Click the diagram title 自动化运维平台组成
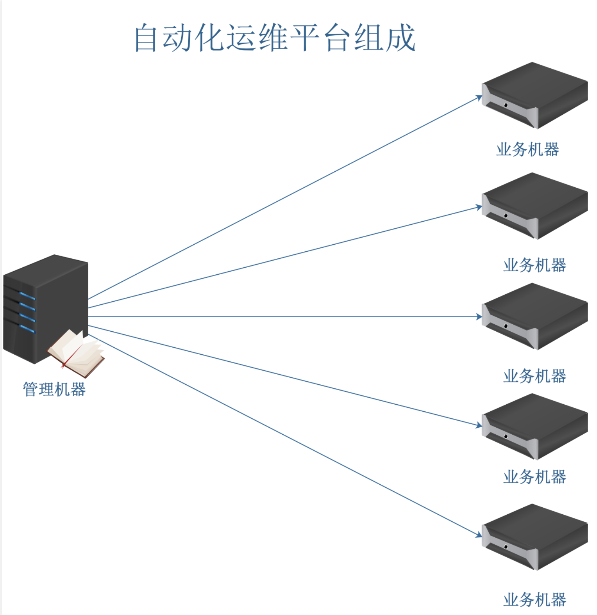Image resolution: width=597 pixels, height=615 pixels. click(x=274, y=38)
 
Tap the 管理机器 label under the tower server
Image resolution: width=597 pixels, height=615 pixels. click(x=54, y=389)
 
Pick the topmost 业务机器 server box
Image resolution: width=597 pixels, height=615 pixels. click(x=534, y=95)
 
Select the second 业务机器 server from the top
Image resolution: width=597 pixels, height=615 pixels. click(x=534, y=206)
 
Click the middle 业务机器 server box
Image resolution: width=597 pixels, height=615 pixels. click(x=534, y=316)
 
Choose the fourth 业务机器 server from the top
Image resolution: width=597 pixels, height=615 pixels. click(x=534, y=427)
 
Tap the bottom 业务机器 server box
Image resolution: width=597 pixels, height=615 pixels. click(x=534, y=537)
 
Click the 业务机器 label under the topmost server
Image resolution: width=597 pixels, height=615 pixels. click(x=527, y=149)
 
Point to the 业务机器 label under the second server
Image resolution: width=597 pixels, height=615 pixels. click(x=534, y=265)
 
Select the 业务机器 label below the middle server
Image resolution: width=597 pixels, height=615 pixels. click(x=534, y=376)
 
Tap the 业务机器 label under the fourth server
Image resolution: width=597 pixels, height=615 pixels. click(x=534, y=477)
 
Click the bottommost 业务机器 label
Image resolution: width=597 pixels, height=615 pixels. click(x=534, y=600)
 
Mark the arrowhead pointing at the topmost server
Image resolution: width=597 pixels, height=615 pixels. click(x=479, y=98)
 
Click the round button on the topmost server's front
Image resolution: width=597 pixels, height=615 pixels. click(x=506, y=105)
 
